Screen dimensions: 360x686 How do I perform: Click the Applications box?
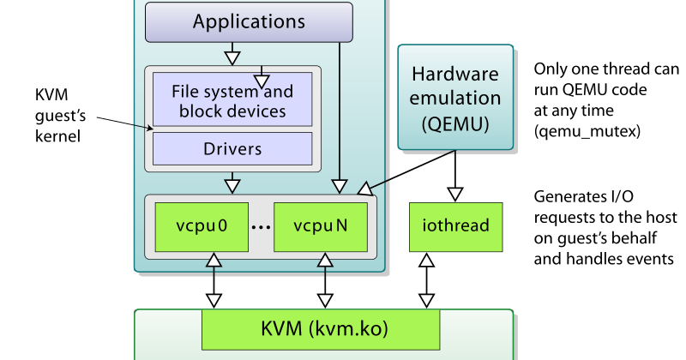point(249,21)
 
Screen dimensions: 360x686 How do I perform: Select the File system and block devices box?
point(232,101)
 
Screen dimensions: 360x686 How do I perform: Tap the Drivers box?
point(232,148)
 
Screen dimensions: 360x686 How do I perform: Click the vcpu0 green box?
point(201,226)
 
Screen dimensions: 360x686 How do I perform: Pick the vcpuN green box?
point(321,226)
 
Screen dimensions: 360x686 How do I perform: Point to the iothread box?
point(456,226)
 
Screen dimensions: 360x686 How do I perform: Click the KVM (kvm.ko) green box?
point(320,330)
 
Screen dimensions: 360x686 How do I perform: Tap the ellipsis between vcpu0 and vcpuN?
point(261,228)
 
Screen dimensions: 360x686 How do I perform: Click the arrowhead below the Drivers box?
point(232,184)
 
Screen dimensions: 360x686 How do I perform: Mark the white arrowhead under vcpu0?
point(214,260)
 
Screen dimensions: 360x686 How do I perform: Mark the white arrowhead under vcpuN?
point(325,260)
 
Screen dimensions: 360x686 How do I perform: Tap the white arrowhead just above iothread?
point(456,192)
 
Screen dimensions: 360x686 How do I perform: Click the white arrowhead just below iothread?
point(426,260)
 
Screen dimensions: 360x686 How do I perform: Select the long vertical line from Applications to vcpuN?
point(340,111)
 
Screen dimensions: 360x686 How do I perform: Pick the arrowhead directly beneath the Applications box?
point(232,58)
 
